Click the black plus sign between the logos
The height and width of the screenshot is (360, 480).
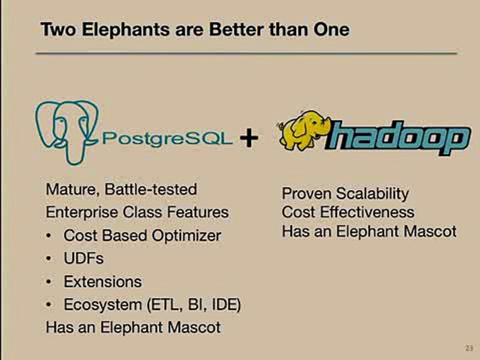click(248, 138)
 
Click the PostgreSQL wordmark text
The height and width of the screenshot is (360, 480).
click(167, 138)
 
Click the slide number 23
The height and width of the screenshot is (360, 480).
click(468, 348)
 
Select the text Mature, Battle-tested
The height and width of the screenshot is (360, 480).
click(121, 189)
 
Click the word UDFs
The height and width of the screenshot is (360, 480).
click(83, 258)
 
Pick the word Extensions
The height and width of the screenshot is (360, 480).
click(102, 281)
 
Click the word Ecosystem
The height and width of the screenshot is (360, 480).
click(102, 304)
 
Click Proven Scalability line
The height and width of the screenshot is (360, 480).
click(345, 193)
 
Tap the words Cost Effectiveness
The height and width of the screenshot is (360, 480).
click(348, 212)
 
